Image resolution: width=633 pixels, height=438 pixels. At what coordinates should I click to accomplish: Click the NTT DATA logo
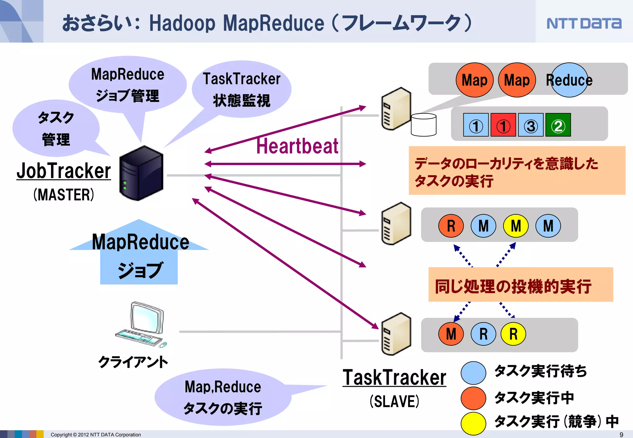(x=584, y=23)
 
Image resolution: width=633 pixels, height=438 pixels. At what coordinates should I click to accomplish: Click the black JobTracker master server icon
(x=141, y=173)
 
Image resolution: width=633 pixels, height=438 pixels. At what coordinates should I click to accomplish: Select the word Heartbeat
(x=297, y=146)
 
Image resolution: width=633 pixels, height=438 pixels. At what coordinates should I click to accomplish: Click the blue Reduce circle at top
(x=569, y=80)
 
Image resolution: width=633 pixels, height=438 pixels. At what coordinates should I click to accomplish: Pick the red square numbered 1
(x=503, y=125)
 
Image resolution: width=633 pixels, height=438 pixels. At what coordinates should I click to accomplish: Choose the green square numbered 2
(x=558, y=125)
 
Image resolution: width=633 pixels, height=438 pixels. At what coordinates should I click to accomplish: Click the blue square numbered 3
(x=531, y=125)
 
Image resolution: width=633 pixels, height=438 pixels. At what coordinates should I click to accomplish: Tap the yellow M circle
(x=516, y=226)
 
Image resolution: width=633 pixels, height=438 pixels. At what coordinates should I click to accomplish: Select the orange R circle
(x=451, y=226)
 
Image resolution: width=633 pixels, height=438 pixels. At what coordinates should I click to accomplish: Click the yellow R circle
(x=513, y=334)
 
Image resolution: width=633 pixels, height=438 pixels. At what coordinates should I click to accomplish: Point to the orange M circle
(x=451, y=334)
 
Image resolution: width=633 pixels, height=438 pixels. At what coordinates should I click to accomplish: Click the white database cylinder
(x=423, y=125)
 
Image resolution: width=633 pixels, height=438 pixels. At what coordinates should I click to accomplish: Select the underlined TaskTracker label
(x=394, y=377)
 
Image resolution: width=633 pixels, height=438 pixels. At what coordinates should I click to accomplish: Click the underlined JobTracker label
(x=64, y=171)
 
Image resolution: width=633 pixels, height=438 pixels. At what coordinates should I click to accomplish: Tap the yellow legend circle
(x=473, y=423)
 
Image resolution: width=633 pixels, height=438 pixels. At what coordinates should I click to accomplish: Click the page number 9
(x=621, y=435)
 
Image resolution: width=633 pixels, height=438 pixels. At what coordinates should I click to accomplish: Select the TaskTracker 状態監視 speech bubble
(x=241, y=89)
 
